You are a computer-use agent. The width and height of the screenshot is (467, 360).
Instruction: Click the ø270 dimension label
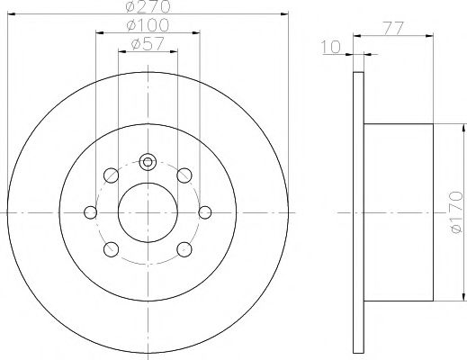point(148,6)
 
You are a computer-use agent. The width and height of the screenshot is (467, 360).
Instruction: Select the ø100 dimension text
point(148,25)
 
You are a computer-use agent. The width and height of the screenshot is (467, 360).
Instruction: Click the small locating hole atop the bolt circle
point(148,163)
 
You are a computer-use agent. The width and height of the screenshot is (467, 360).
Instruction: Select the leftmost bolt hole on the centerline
point(91,211)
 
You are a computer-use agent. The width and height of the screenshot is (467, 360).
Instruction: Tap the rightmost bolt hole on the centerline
point(205,211)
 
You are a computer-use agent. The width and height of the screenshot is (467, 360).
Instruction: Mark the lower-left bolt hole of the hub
point(112,249)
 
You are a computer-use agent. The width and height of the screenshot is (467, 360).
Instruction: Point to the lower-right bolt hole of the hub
point(185,249)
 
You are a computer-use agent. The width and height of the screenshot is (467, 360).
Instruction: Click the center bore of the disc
point(148,211)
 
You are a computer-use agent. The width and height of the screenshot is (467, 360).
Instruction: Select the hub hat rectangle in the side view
point(399,211)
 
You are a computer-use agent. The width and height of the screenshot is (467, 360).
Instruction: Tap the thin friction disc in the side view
point(357,211)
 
